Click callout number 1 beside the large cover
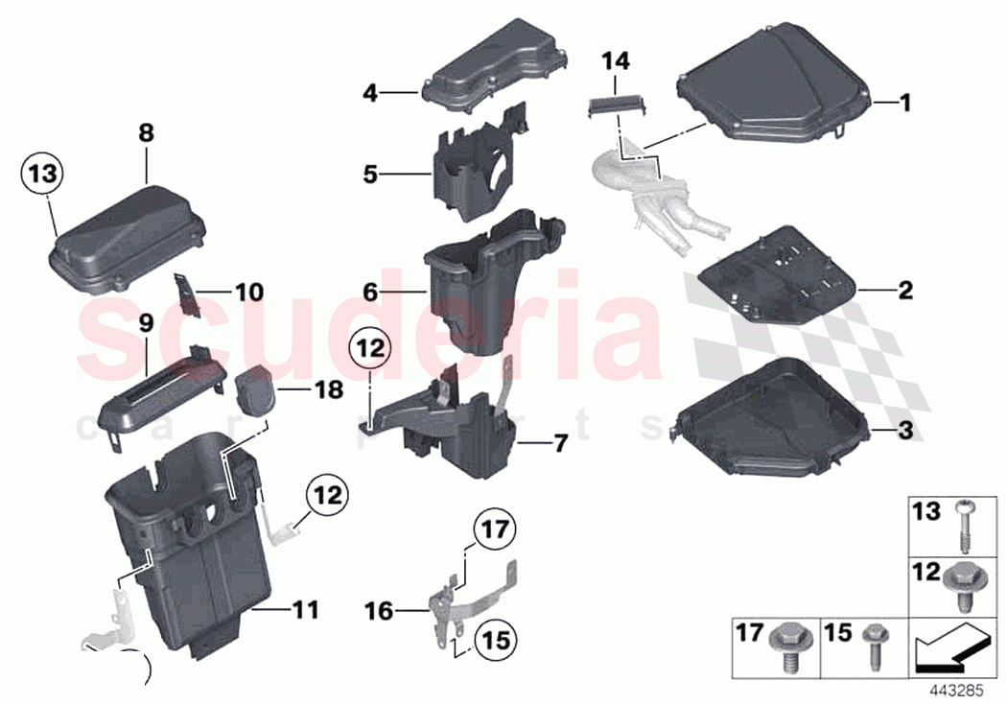(903, 102)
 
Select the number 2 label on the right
(904, 289)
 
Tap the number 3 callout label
(904, 433)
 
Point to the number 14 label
(616, 62)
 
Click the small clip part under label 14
(613, 106)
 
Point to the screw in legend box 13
(961, 526)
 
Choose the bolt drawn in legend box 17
(786, 647)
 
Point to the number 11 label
(304, 610)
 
